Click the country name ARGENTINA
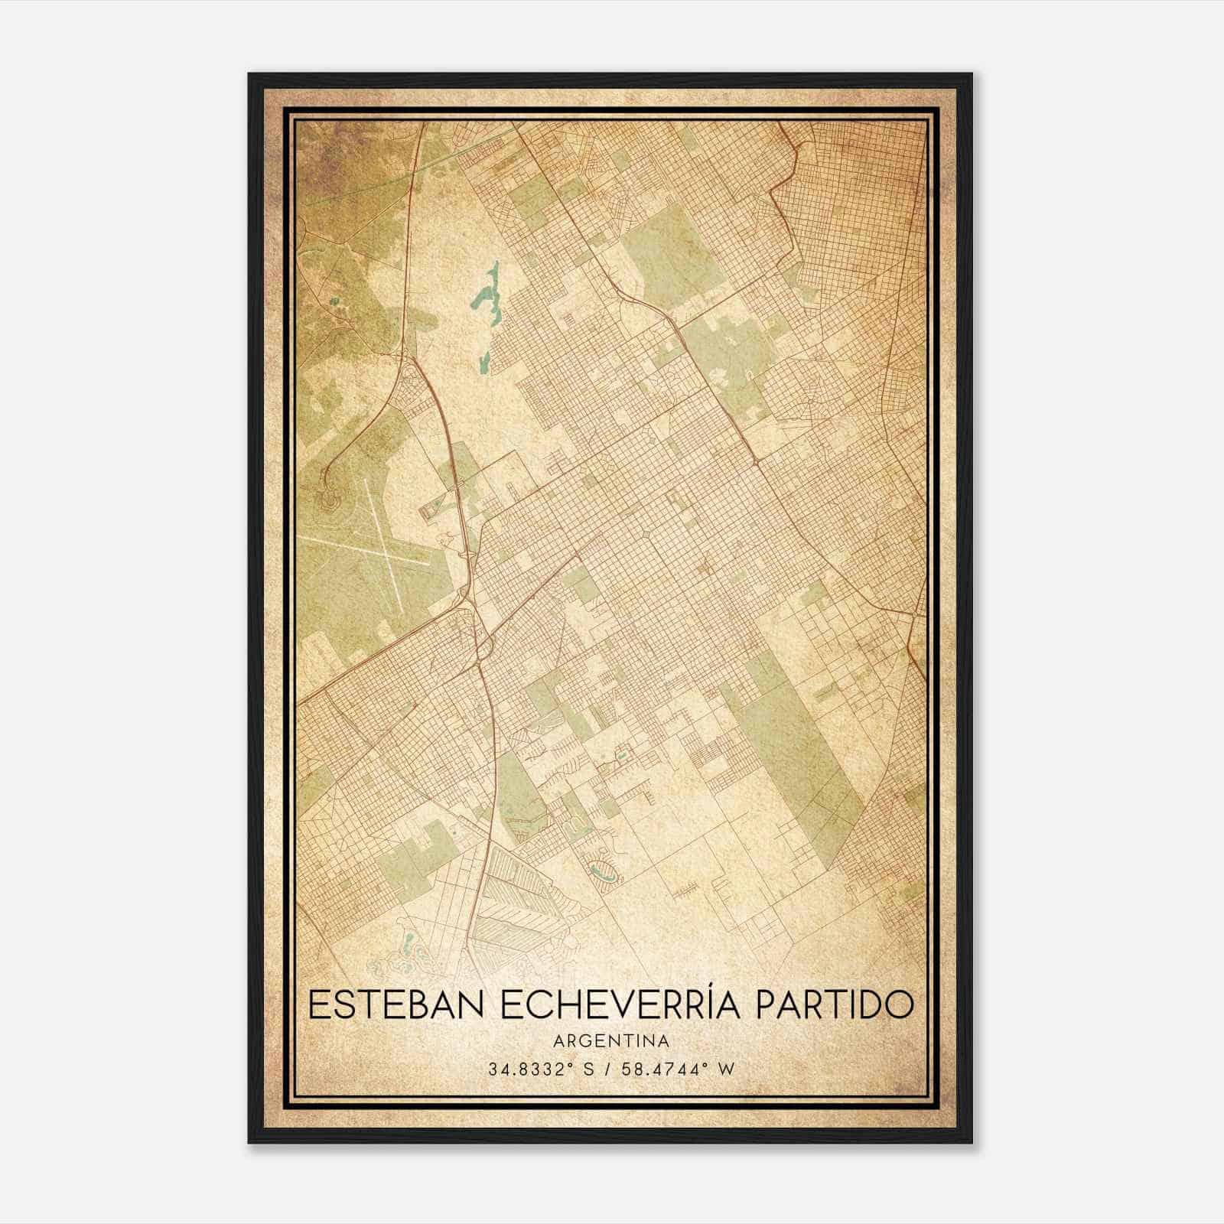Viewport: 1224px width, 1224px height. [x=612, y=1042]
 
